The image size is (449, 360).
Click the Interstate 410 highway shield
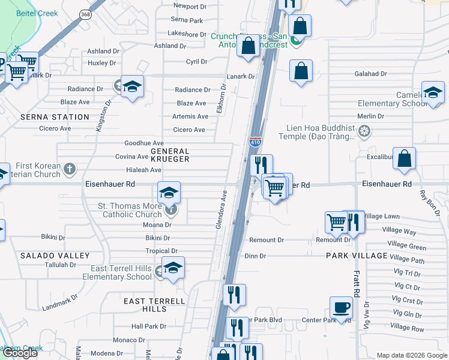pyautogui.click(x=255, y=142)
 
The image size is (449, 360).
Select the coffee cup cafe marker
pyautogui.click(x=342, y=308)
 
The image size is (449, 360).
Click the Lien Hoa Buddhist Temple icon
pyautogui.click(x=364, y=131)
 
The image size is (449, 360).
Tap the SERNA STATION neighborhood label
pyautogui.click(x=54, y=117)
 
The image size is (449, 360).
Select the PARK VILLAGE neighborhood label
pyautogui.click(x=357, y=256)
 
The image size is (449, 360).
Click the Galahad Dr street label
pyautogui.click(x=370, y=74)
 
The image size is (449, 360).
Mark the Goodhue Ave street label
pyautogui.click(x=143, y=143)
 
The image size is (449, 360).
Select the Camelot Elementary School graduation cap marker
pyautogui.click(x=432, y=92)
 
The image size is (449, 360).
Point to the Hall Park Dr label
pyautogui.click(x=149, y=326)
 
